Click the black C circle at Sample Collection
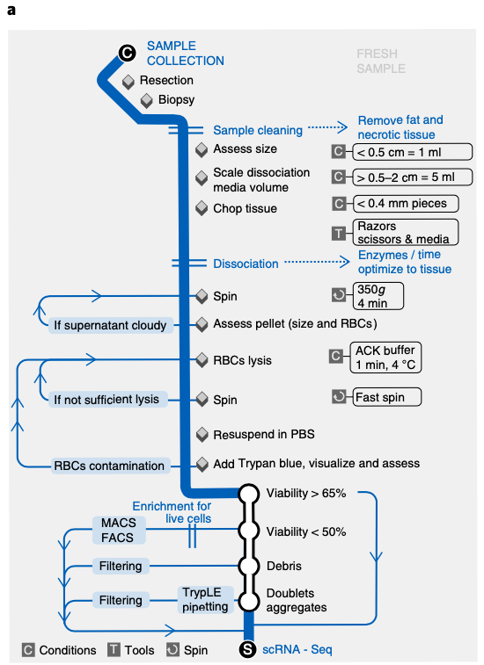(127, 53)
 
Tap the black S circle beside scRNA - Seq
(248, 649)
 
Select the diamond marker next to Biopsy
(147, 100)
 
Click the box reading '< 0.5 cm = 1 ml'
(412, 152)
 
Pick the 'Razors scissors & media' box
(406, 232)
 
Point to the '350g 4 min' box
(378, 296)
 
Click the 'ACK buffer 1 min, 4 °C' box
(385, 358)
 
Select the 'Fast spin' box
(386, 397)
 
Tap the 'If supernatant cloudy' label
(111, 325)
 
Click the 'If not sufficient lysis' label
(106, 400)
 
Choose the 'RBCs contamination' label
(110, 466)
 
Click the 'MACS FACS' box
(119, 530)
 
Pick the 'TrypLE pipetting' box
(205, 599)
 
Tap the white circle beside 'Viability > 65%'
(248, 494)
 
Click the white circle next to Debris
(248, 566)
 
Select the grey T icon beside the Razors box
(339, 233)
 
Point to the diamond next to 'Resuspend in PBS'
(202, 434)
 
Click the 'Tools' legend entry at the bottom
(131, 650)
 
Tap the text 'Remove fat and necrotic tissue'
(400, 127)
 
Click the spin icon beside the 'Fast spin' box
(339, 397)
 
